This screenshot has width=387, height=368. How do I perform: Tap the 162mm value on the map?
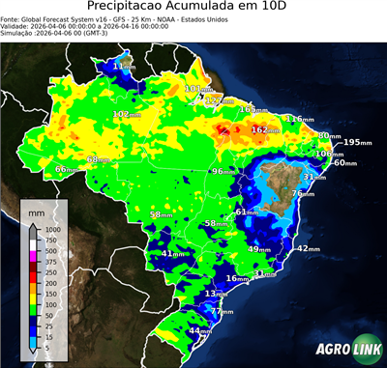click(x=263, y=129)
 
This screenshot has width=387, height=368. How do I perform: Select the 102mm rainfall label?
click(x=124, y=114)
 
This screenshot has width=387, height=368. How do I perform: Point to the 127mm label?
click(x=219, y=100)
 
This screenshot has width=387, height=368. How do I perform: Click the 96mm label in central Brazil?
click(x=223, y=171)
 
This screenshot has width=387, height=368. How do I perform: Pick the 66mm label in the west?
click(x=65, y=169)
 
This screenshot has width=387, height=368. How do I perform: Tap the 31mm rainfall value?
click(x=315, y=177)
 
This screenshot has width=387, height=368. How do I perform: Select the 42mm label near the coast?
click(x=308, y=248)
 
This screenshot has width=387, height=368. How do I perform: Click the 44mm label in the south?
click(x=199, y=330)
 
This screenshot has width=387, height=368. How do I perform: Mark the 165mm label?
click(x=253, y=108)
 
